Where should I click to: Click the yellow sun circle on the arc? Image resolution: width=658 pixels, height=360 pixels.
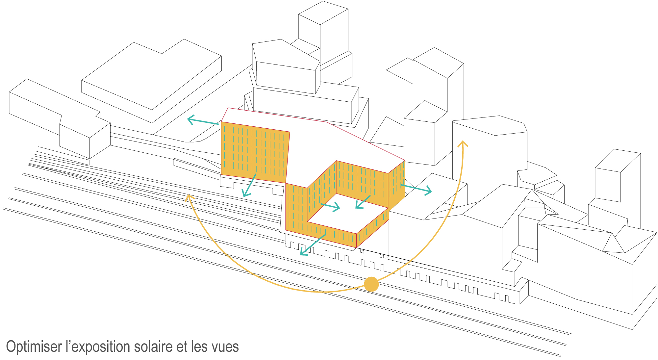[371, 284]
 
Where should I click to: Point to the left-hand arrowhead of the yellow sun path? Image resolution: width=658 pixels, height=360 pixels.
[189, 197]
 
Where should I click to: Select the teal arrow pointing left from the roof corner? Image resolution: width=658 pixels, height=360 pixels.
[203, 121]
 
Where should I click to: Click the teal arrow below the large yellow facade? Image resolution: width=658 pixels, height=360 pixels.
[249, 186]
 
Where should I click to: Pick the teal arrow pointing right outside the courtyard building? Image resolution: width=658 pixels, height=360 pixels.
[416, 189]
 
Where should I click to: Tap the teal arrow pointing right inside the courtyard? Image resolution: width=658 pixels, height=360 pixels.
[330, 207]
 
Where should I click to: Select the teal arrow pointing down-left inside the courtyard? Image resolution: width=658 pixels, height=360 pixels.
[363, 202]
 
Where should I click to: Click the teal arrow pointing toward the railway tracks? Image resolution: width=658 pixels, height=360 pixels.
[312, 245]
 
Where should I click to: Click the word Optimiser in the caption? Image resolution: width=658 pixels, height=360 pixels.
[34, 347]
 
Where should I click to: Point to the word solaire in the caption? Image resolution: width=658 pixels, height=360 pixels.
[171, 347]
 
